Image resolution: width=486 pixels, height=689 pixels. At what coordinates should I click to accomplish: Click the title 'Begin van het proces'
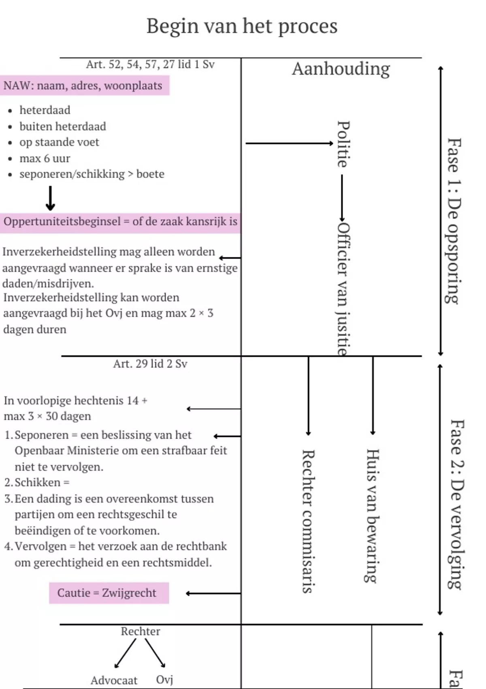pos(242,26)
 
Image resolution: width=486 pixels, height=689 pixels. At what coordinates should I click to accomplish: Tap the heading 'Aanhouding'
pos(341,69)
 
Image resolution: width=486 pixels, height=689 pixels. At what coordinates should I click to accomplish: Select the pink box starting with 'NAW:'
pos(84,86)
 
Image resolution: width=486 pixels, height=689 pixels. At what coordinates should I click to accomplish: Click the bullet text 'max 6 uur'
pos(45,158)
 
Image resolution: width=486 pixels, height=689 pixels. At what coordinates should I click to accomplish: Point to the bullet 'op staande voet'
pos(59,142)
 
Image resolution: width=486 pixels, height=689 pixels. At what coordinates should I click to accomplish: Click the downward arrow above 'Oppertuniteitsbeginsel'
pos(50,198)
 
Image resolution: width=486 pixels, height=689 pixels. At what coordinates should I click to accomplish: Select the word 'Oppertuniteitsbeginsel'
pos(62,222)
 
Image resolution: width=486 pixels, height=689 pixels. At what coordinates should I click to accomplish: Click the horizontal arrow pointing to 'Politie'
pos(289,143)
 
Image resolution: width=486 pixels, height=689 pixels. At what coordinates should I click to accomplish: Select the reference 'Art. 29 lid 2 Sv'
pos(150,364)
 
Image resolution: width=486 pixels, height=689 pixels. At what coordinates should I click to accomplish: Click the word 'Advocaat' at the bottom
pos(114,680)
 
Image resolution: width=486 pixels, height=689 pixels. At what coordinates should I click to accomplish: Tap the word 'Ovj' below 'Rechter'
pos(164,679)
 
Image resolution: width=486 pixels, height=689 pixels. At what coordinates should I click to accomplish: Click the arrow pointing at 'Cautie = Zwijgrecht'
pos(213,593)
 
